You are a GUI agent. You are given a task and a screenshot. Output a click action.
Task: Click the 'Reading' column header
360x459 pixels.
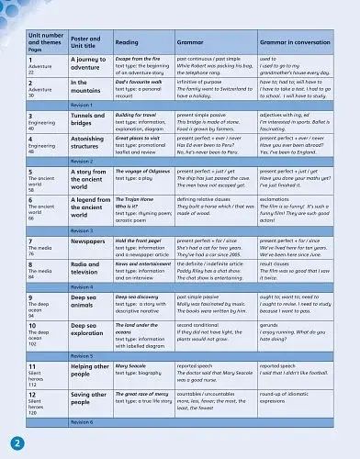[x=127, y=42]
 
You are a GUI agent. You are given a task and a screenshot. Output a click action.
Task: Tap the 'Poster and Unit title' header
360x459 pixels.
[x=86, y=42]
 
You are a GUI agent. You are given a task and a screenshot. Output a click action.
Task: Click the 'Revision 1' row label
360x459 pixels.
[x=82, y=105]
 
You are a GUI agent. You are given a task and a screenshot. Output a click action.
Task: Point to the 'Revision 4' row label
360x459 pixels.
[x=82, y=287]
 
